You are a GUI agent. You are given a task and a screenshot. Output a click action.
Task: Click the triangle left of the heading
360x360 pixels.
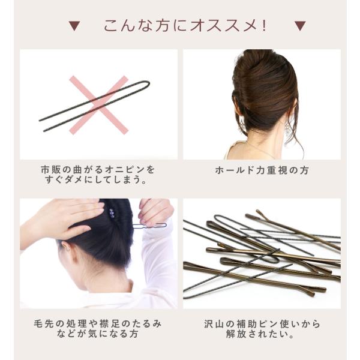(74, 26)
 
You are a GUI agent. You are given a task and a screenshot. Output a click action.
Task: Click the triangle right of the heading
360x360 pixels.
(300, 26)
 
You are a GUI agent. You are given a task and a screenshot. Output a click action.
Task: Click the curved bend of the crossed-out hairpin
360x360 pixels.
(147, 84)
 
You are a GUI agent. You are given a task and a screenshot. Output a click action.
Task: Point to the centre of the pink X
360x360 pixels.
(99, 105)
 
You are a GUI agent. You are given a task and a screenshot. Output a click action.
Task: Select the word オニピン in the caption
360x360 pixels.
(125, 170)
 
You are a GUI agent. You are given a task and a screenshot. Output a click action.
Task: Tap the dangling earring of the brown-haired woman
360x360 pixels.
(287, 130)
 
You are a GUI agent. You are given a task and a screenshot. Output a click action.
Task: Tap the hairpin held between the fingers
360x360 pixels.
(149, 226)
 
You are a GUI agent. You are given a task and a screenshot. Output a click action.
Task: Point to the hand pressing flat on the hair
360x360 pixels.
(67, 217)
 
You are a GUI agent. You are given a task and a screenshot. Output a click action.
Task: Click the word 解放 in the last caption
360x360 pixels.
(236, 334)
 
